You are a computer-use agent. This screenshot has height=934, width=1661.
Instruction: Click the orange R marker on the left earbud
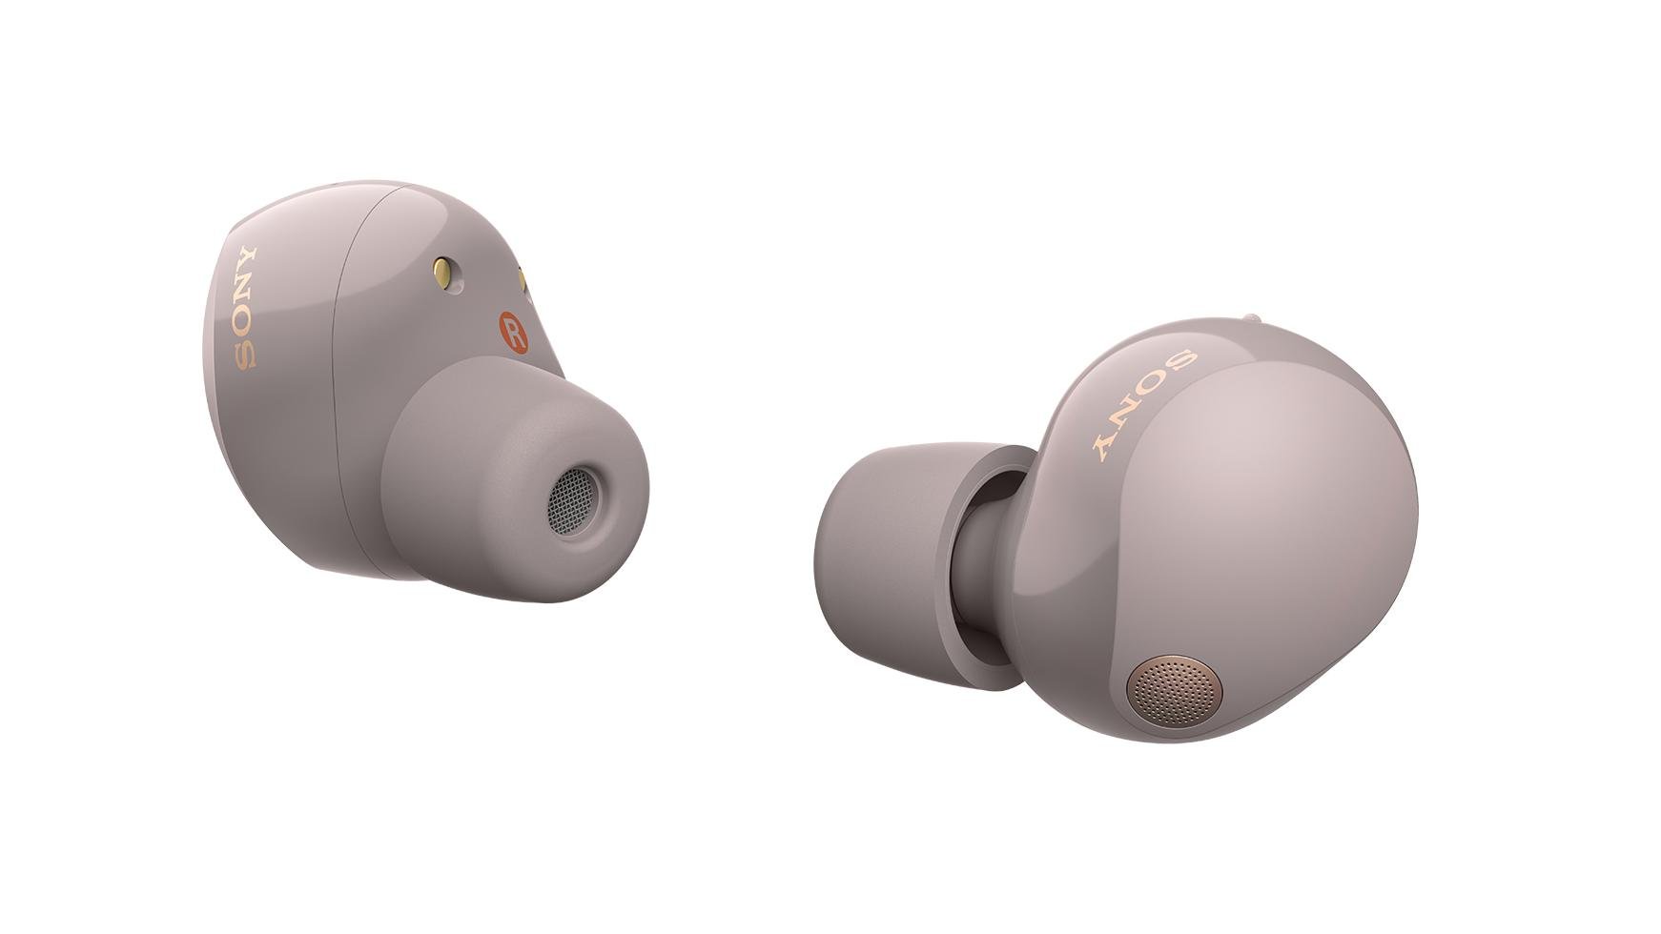point(513,333)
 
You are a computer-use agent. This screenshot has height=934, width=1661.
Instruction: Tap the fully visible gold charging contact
point(443,274)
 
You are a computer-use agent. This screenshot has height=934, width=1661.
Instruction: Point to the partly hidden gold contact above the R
point(523,279)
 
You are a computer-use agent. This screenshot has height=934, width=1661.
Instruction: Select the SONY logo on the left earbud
point(245,307)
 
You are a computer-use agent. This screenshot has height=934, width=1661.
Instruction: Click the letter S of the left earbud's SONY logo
point(245,355)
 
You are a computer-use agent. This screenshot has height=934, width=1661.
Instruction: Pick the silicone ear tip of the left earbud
point(515,481)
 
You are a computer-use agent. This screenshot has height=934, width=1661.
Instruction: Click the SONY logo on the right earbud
point(1142,403)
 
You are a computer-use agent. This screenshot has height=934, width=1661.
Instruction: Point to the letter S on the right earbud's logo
point(1181,362)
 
